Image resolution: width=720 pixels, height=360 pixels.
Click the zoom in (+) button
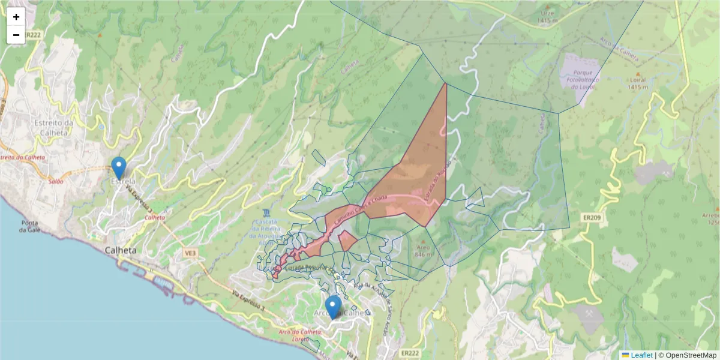point(16,17)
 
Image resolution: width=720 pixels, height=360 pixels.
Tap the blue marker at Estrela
point(119,167)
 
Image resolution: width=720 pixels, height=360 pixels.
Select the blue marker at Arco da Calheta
point(332,306)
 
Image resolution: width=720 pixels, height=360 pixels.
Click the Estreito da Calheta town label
point(54,128)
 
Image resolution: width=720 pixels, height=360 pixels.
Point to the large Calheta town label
point(121,250)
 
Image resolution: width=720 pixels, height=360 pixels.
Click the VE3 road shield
point(191,254)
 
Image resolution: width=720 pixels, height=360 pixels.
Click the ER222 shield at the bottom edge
point(410,353)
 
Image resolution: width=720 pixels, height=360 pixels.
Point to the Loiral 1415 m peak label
point(636,82)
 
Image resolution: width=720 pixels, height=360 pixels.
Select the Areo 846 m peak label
point(422,250)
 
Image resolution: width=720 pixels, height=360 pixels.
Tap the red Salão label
point(56,181)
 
